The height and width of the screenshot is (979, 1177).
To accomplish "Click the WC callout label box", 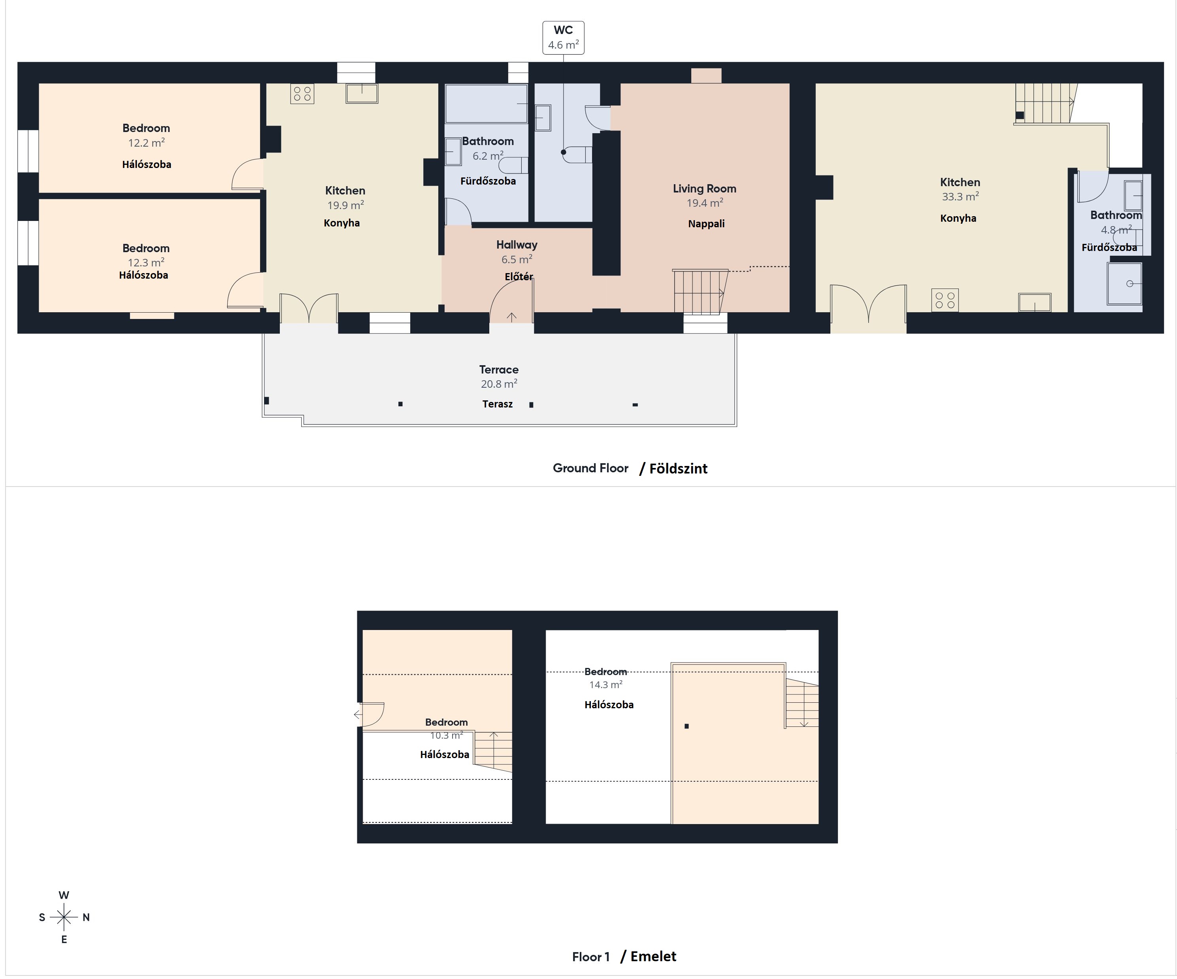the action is click(x=563, y=38).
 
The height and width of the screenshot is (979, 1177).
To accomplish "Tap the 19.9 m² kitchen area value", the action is click(x=346, y=205).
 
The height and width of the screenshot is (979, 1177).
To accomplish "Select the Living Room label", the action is click(x=705, y=189).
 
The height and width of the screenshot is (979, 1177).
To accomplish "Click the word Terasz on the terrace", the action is click(x=498, y=404).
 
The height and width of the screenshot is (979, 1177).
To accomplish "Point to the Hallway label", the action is click(x=517, y=245).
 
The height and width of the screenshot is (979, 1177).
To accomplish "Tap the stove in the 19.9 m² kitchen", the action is click(x=302, y=94).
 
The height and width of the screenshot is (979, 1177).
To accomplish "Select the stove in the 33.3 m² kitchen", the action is click(x=945, y=300).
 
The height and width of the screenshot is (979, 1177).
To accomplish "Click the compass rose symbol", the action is click(x=64, y=917).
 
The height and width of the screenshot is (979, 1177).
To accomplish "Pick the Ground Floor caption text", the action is click(x=591, y=468).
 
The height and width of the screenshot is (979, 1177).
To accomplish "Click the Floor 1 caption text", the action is click(x=591, y=956).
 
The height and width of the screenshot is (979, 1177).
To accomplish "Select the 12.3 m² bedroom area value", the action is click(x=146, y=262).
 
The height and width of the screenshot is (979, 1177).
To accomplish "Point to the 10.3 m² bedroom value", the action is click(x=447, y=735).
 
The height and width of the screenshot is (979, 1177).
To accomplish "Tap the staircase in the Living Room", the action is click(x=700, y=291).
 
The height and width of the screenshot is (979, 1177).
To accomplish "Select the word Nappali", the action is click(x=706, y=224).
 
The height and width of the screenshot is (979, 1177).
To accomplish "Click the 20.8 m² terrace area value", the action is click(x=499, y=384).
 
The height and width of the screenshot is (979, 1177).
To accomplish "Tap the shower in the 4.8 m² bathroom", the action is click(x=1125, y=283).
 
